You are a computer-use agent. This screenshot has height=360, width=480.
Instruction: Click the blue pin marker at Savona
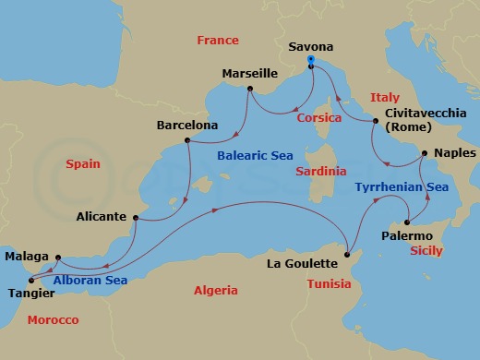coord(312,61)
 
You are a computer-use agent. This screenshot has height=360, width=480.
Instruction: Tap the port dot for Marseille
coord(249,90)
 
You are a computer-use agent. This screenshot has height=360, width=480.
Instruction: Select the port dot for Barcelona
coord(187,140)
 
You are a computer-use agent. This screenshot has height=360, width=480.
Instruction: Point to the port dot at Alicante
coord(136,218)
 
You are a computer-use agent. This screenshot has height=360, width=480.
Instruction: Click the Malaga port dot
coord(57,258)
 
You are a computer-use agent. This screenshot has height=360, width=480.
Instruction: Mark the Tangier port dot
coord(30,281)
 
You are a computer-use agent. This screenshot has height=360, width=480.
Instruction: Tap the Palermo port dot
coord(406,222)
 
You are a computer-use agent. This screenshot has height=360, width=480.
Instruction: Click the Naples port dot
coord(424,153)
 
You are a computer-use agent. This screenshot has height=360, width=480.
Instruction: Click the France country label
coord(218,40)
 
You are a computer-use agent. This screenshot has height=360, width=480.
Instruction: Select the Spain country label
coord(83,163)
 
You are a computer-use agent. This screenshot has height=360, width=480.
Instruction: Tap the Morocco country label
coord(53,319)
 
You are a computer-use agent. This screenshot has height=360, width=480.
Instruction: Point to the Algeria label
coord(215,290)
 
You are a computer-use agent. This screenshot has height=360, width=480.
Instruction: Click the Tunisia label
coord(328,283)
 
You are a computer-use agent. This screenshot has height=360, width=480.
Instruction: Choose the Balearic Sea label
coord(255,156)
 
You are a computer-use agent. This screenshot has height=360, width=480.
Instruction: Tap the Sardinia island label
coord(321,171)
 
